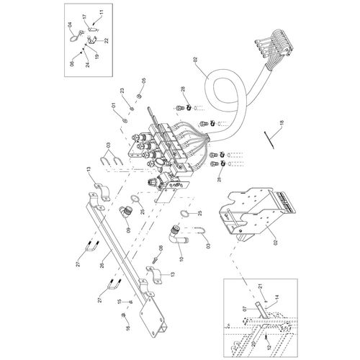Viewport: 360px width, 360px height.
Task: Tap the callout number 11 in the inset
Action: coord(102,13)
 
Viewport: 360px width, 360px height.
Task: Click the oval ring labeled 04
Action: coord(74,40)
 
